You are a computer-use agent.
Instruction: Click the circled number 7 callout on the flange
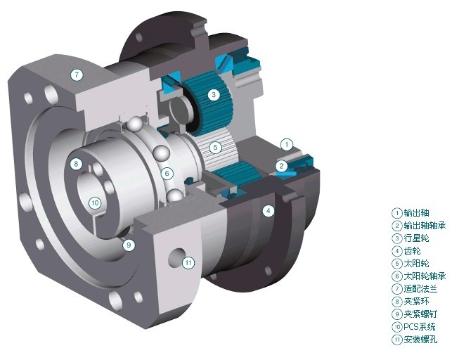(x=77, y=75)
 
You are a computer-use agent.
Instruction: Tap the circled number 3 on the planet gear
(x=214, y=94)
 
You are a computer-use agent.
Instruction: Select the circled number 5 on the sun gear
(x=215, y=148)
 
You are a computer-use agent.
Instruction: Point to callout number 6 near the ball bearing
(x=167, y=173)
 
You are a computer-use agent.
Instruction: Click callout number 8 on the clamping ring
(x=76, y=164)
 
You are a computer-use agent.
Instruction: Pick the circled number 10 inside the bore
(x=95, y=203)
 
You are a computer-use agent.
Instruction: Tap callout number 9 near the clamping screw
(x=129, y=245)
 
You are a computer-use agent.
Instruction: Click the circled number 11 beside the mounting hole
(x=188, y=262)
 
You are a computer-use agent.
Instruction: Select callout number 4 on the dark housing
(x=269, y=211)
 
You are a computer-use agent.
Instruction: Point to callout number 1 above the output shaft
(x=287, y=144)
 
